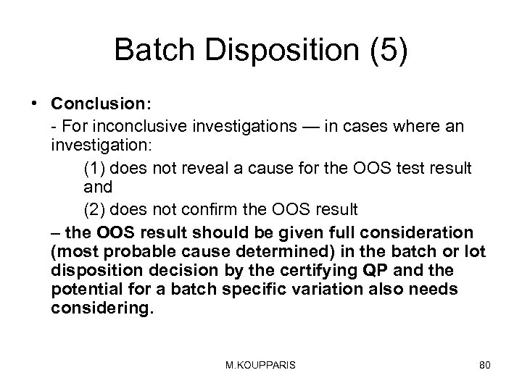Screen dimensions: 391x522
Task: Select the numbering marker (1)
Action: pos(94,168)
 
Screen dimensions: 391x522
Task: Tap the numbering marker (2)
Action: pos(94,210)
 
